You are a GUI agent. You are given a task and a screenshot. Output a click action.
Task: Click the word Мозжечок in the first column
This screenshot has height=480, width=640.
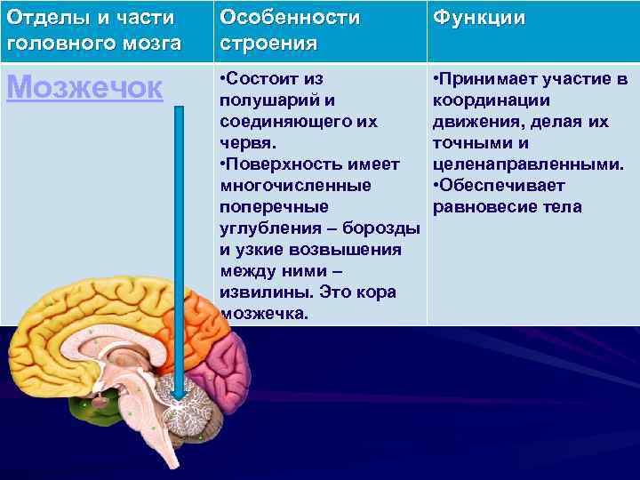click(84, 87)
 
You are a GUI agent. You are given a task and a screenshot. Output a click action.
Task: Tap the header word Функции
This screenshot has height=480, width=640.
click(478, 19)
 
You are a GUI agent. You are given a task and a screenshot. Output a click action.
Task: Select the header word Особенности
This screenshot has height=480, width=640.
click(290, 18)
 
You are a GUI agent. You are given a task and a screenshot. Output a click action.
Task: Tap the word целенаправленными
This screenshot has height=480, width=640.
click(527, 164)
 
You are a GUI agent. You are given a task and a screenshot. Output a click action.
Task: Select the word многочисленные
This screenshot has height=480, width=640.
click(295, 186)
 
